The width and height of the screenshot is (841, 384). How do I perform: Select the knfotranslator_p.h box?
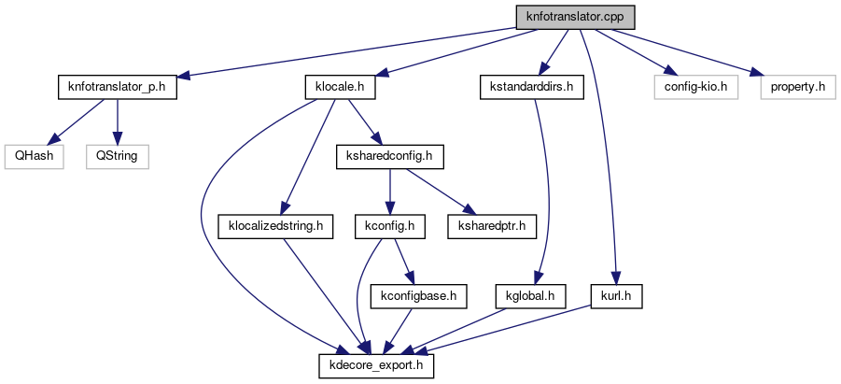tap(116, 87)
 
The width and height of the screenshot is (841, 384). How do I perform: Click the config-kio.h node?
tap(695, 87)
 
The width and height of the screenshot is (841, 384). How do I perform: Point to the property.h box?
tap(795, 87)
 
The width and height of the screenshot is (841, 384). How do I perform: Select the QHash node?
tap(33, 156)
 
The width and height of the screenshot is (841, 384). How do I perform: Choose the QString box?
tap(118, 156)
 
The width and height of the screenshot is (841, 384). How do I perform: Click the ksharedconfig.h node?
tap(388, 156)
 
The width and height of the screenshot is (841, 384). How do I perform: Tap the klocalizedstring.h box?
tap(275, 225)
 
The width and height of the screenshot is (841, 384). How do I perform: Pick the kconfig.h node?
tap(390, 225)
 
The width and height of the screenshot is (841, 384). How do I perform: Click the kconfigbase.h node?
tap(418, 295)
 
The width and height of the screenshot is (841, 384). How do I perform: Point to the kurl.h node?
tap(616, 295)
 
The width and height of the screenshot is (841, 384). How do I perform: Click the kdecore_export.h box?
tap(377, 364)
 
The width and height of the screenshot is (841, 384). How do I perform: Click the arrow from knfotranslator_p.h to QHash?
tap(75, 121)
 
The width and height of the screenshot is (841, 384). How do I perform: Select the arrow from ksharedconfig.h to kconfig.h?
tap(389, 191)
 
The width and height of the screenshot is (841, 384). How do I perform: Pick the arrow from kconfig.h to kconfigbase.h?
tap(402, 260)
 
